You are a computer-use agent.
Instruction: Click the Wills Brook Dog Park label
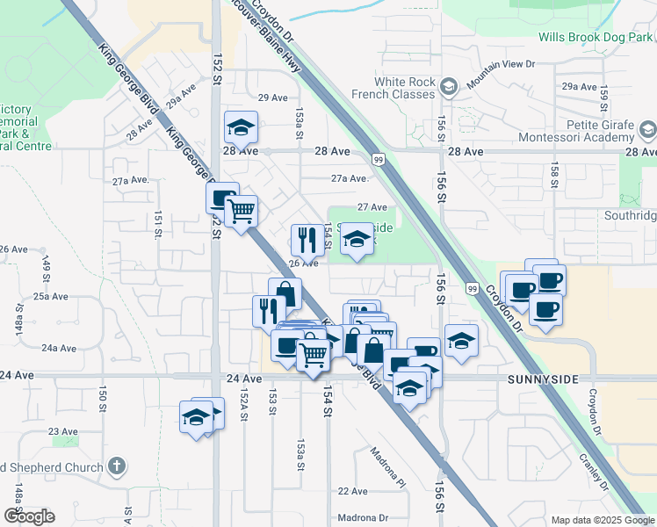click(595, 38)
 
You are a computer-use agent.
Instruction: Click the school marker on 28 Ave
click(240, 129)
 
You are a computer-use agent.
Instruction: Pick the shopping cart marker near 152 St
click(240, 211)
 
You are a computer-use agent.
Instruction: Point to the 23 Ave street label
click(63, 431)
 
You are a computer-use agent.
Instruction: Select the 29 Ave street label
click(273, 97)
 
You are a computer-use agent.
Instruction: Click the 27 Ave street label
click(372, 207)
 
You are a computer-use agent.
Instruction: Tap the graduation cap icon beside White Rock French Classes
click(449, 86)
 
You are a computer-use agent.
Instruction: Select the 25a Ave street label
click(51, 297)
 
